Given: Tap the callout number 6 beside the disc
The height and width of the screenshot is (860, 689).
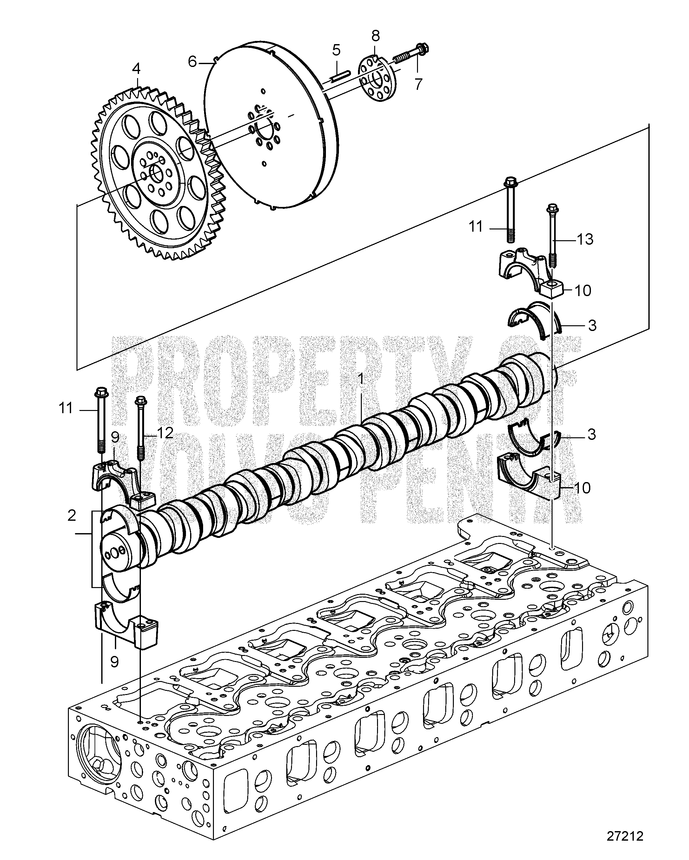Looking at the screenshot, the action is click(193, 62).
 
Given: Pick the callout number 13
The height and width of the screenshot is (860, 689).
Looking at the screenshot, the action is click(585, 239).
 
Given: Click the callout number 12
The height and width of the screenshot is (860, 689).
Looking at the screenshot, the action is click(165, 432).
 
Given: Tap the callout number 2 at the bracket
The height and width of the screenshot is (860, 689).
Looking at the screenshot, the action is click(72, 516).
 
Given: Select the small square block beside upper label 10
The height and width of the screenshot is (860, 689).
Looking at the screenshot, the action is click(551, 289).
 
